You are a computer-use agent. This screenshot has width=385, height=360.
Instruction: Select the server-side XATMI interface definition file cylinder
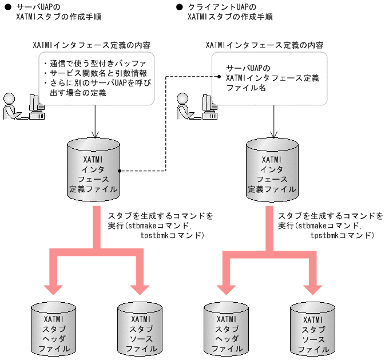tap(93, 168)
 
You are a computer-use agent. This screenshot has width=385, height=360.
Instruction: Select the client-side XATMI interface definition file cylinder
tap(271, 168)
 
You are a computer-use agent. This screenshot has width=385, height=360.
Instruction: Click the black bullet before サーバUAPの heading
tap(7, 7)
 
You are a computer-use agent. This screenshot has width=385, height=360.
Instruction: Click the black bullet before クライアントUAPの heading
tap(180, 7)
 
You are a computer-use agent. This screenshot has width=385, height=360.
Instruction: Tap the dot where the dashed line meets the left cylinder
tap(120, 170)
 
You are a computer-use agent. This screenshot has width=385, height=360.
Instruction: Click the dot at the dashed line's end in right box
tap(219, 76)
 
